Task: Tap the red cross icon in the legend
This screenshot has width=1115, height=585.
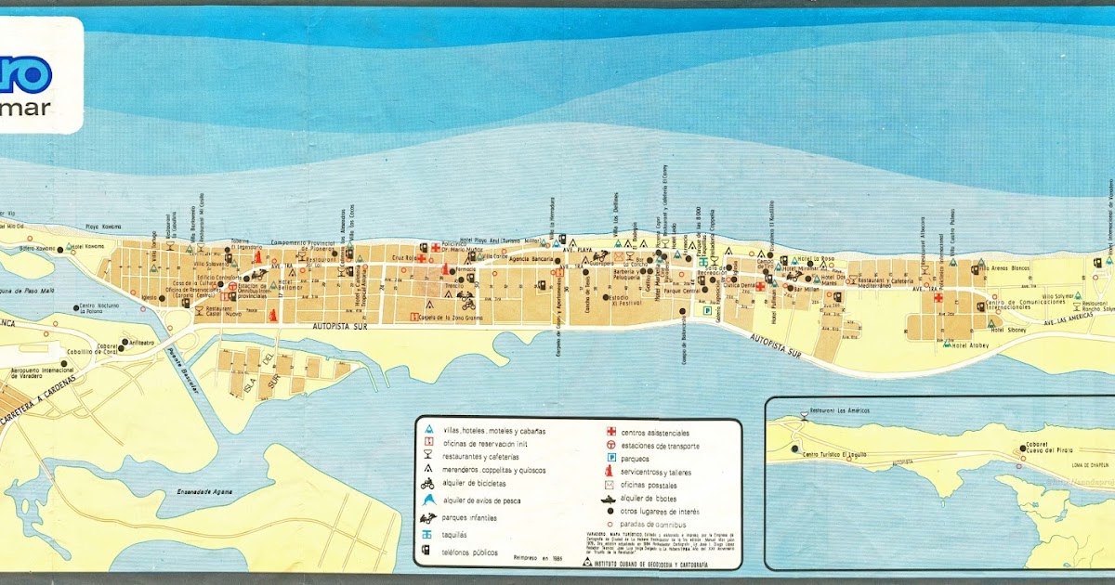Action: (610, 432)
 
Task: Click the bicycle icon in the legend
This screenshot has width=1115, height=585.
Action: (427, 483)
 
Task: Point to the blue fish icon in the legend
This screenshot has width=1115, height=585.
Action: (427, 501)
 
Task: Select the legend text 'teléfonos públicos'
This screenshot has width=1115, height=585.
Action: (471, 552)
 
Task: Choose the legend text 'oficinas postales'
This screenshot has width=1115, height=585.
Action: (654, 485)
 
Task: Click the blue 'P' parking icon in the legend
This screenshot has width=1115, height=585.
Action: (610, 459)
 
